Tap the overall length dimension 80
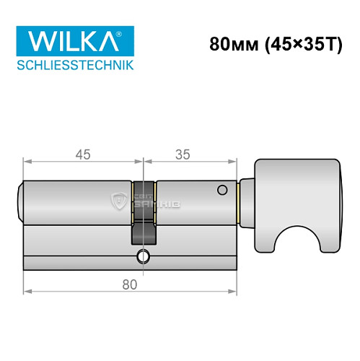point(131,284)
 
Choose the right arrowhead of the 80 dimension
point(235,292)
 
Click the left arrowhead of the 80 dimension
point(27,292)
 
